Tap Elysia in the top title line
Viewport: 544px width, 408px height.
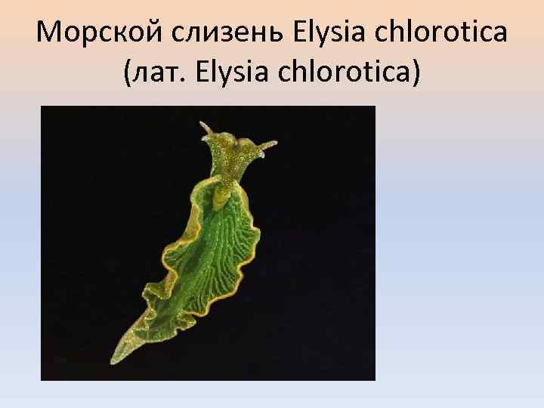click(315, 34)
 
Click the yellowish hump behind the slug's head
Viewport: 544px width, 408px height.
click(221, 198)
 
